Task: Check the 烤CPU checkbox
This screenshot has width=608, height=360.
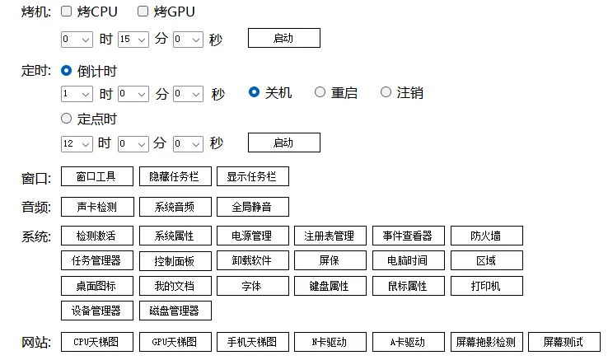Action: (66, 12)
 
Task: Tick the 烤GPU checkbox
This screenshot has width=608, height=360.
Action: (143, 12)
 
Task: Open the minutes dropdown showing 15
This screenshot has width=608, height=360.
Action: (133, 40)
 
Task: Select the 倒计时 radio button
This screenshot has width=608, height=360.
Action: (66, 71)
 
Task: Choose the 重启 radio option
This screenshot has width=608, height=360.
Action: (320, 92)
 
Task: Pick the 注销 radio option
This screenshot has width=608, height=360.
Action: (386, 92)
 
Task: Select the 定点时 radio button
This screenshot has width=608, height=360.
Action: (66, 119)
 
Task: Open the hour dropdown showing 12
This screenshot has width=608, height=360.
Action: (77, 143)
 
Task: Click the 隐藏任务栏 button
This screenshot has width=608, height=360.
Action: (175, 176)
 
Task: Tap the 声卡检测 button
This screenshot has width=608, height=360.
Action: (97, 207)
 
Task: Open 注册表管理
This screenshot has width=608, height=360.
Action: (330, 236)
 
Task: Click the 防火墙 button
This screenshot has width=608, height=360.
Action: (487, 236)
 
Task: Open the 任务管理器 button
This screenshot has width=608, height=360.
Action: (97, 260)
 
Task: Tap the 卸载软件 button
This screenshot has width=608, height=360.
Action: (252, 260)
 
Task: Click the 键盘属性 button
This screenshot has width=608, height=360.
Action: (330, 286)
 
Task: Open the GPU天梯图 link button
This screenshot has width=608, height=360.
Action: (175, 342)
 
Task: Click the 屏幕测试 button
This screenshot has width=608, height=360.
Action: (564, 342)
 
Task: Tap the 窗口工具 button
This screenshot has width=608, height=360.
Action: (97, 176)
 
